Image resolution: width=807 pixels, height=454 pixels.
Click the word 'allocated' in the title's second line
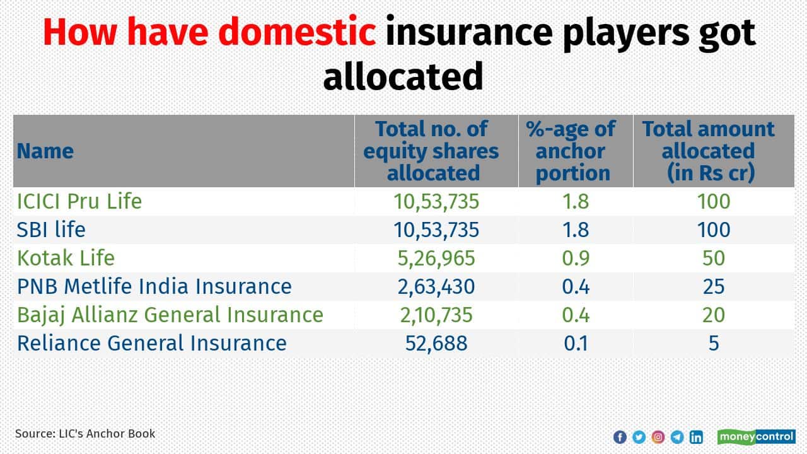coord(403,76)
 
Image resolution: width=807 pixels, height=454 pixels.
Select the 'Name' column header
coord(45,151)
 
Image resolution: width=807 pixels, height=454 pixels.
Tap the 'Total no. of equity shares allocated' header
coord(431,151)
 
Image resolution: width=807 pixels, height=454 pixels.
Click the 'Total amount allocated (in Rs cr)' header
coord(709,151)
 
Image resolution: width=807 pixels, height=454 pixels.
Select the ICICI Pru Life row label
coord(79,202)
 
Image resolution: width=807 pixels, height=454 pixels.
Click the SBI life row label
coord(51,230)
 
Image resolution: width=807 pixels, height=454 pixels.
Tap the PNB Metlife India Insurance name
coord(154,286)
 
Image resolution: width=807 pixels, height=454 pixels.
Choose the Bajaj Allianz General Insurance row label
coord(170,315)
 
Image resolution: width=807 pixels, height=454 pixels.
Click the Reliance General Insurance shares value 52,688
coord(436,343)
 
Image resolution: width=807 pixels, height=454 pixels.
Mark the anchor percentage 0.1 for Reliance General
coord(574,343)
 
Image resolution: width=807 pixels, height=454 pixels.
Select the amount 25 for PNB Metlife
coord(714,287)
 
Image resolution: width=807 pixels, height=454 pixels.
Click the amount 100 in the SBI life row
coord(714,230)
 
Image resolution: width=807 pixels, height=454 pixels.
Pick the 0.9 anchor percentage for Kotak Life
coord(574,259)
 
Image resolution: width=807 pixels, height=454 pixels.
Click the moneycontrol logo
coord(756,436)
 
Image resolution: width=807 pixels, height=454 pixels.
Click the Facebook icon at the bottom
coord(620,437)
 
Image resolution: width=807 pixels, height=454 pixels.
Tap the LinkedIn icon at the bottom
coord(696,437)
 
